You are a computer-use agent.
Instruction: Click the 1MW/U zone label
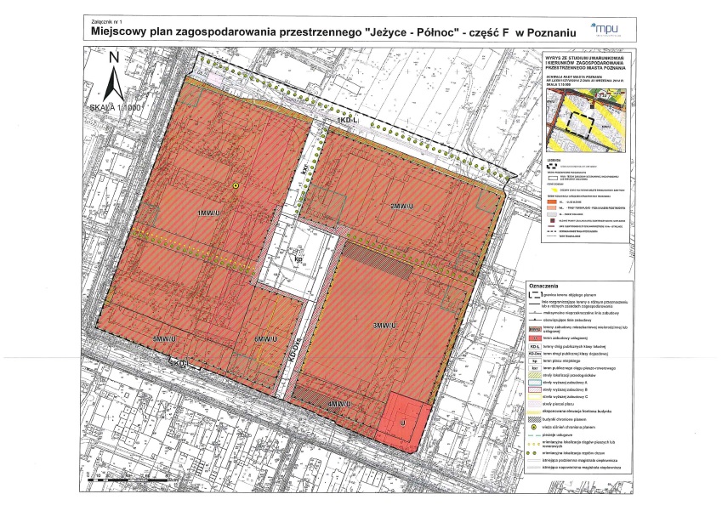[208, 213]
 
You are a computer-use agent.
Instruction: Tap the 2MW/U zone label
[401, 207]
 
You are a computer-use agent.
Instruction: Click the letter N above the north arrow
[113, 58]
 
